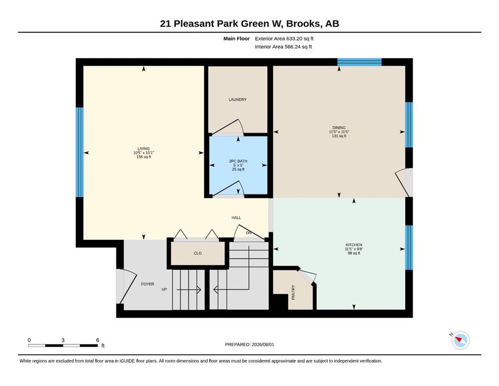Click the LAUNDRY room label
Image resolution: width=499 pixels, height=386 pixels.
pyautogui.click(x=237, y=100)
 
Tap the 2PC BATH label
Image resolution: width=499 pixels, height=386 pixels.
pyautogui.click(x=238, y=161)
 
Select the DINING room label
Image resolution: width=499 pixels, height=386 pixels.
pyautogui.click(x=339, y=128)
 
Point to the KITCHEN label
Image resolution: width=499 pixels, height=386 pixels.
pyautogui.click(x=354, y=245)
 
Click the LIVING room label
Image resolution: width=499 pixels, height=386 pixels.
pyautogui.click(x=144, y=149)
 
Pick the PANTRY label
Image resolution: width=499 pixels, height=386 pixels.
pyautogui.click(x=293, y=292)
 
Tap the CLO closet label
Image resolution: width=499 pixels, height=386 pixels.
pyautogui.click(x=197, y=253)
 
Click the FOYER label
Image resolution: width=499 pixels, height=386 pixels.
pyautogui.click(x=148, y=284)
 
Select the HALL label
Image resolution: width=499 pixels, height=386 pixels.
pyautogui.click(x=236, y=218)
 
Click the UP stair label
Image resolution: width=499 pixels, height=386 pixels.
pyautogui.click(x=164, y=289)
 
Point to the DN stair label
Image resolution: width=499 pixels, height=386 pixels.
pyautogui.click(x=249, y=233)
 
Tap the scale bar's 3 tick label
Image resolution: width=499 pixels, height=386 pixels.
pyautogui.click(x=63, y=340)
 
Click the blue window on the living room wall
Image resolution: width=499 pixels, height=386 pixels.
pyautogui.click(x=79, y=152)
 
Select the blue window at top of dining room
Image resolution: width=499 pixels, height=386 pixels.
pyautogui.click(x=359, y=62)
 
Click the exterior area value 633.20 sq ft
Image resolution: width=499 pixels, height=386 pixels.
pyautogui.click(x=300, y=39)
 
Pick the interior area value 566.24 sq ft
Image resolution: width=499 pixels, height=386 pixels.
pyautogui.click(x=298, y=47)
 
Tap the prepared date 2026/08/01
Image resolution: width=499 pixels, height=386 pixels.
pyautogui.click(x=263, y=344)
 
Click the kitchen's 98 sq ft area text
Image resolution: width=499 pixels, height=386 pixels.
pyautogui.click(x=354, y=253)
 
